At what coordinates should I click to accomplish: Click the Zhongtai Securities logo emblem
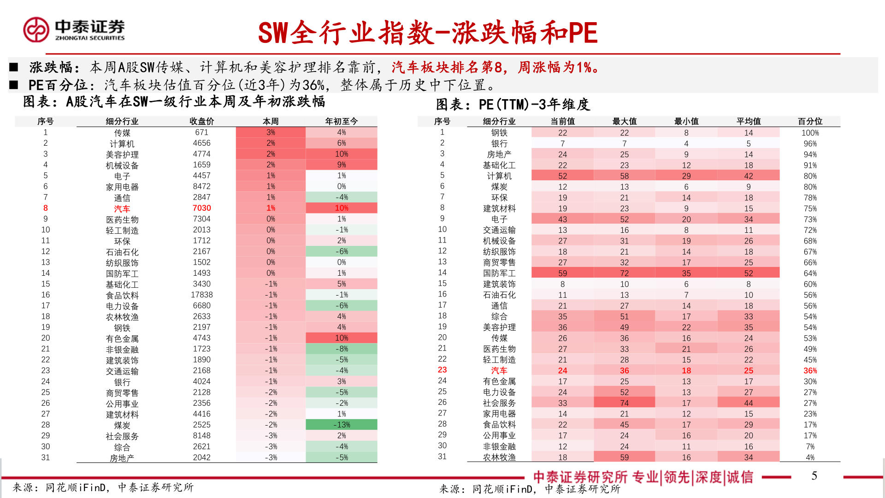tap(36, 30)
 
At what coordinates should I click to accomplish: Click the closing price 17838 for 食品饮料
tap(201, 295)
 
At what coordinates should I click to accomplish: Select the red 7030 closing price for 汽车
tap(201, 208)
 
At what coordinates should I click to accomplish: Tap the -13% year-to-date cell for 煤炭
tap(341, 425)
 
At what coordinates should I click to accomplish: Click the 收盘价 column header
tap(201, 121)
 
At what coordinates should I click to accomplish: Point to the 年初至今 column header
tap(341, 121)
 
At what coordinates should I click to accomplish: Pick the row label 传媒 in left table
tap(122, 133)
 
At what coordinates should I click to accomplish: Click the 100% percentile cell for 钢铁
tap(810, 133)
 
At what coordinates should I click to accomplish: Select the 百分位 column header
tap(810, 121)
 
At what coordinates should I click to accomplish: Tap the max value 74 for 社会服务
tap(624, 403)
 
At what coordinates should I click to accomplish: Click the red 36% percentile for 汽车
tap(810, 371)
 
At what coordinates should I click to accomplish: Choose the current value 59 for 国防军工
tap(562, 273)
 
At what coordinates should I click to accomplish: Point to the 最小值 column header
tap(686, 121)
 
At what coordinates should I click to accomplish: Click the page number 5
tap(814, 476)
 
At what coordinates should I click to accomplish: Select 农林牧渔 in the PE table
tap(499, 457)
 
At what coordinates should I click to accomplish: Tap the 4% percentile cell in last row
tap(810, 457)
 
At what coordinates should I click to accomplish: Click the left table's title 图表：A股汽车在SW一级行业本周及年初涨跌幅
tap(174, 101)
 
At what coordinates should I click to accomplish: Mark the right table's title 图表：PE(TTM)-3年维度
tap(513, 105)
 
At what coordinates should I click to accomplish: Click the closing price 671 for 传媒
tap(201, 132)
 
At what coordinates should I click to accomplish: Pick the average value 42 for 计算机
tap(748, 176)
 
